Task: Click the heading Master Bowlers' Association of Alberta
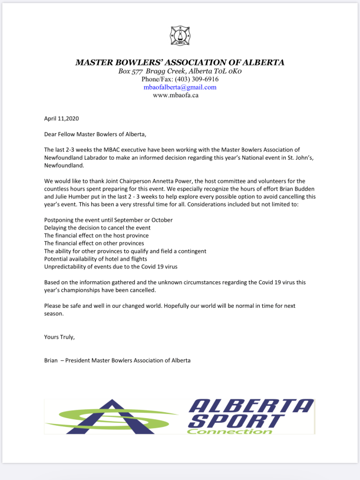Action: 180,62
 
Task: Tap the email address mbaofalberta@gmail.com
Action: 180,87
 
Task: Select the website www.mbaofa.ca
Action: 176,95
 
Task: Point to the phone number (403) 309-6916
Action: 197,79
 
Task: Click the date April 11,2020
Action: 61,119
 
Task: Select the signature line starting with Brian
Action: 117,360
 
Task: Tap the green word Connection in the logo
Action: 230,431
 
